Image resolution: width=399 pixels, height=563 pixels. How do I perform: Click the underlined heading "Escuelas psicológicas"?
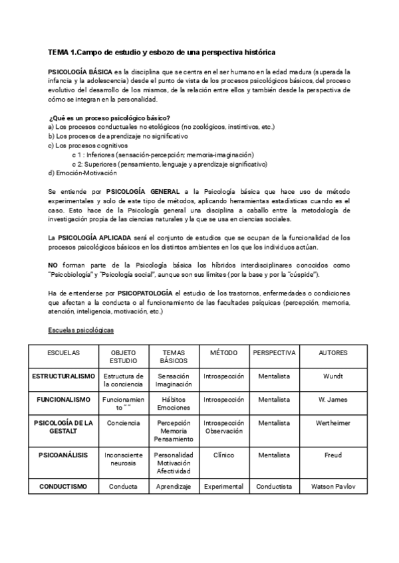pos(80,330)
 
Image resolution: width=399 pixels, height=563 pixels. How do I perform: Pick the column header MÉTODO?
pos(223,352)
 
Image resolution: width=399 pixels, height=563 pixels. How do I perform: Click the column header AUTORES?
pos(333,352)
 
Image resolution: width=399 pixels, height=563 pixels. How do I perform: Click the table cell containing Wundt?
pos(333,376)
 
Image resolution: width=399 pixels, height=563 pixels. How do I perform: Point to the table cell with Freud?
pos(333,455)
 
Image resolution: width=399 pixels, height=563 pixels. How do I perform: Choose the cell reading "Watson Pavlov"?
pos(333,487)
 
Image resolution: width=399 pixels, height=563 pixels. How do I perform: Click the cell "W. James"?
pos(333,400)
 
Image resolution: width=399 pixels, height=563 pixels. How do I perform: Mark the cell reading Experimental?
pos(223,487)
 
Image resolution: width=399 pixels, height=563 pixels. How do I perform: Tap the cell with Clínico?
pos(223,455)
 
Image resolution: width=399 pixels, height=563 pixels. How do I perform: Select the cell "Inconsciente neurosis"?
pos(124,459)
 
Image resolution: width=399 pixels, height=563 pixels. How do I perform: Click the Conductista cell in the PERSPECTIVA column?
pos(274,487)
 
